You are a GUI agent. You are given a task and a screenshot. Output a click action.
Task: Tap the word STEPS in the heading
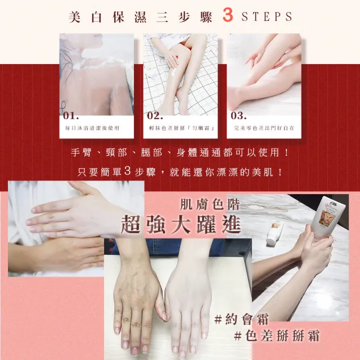pos(267,16)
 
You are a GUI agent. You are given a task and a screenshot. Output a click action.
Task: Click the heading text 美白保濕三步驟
pos(140,16)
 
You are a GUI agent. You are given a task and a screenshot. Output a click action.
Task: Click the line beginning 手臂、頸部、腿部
pos(181,153)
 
